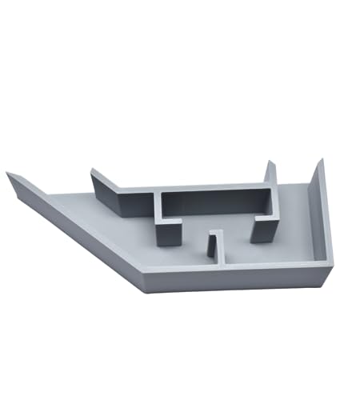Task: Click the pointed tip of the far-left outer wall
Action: [8, 174]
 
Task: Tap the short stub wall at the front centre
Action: [214, 245]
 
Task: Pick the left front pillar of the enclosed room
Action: [169, 231]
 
